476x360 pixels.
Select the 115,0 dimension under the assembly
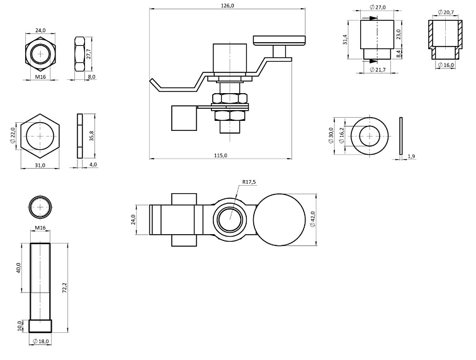pos(220,155)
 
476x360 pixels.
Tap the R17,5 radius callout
pos(250,183)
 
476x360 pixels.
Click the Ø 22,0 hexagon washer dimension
pos(13,135)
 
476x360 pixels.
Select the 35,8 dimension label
pos(91,135)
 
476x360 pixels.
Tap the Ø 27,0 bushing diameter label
pos(378,7)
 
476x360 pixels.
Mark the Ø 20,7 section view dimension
pos(446,12)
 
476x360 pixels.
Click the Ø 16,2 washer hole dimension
pos(341,137)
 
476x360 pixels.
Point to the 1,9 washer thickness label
pos(411,156)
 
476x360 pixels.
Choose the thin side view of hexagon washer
pos(79,136)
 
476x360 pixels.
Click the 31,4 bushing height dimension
pos(345,40)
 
